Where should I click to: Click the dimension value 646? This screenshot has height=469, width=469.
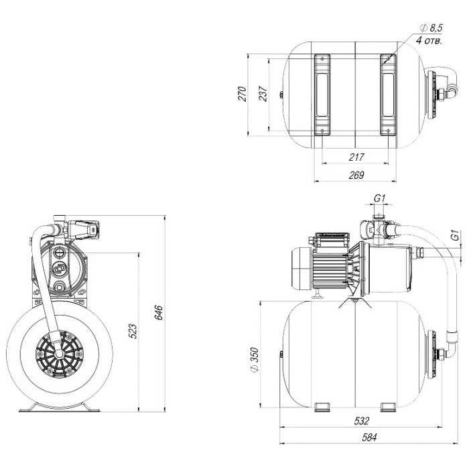[158, 313]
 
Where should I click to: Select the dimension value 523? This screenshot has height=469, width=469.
[132, 330]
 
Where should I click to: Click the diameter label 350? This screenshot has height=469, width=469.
[254, 359]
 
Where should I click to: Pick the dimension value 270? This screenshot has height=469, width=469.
[243, 93]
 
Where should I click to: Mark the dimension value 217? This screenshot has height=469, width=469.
[356, 157]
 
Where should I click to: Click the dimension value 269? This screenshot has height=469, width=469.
[356, 176]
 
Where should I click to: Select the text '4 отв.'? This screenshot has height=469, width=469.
[429, 40]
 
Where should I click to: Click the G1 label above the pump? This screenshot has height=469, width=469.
[379, 198]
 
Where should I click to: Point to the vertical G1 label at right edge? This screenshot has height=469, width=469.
[455, 237]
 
